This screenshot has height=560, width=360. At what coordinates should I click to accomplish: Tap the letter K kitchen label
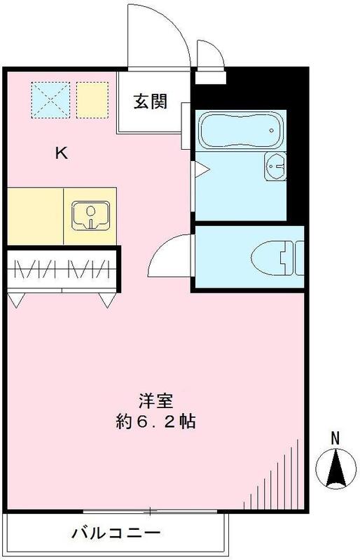point(62,155)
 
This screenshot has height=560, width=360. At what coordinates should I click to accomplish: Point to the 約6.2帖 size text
point(156,422)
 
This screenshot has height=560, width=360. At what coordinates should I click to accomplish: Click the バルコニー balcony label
point(116,535)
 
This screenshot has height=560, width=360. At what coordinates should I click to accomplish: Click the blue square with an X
point(50,99)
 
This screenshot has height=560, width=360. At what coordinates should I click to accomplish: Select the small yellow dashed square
point(92,99)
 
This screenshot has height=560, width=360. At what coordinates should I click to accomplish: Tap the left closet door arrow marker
point(18,300)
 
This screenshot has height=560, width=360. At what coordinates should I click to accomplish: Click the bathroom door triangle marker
point(199,169)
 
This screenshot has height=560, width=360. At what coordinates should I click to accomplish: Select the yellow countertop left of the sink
point(36,216)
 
